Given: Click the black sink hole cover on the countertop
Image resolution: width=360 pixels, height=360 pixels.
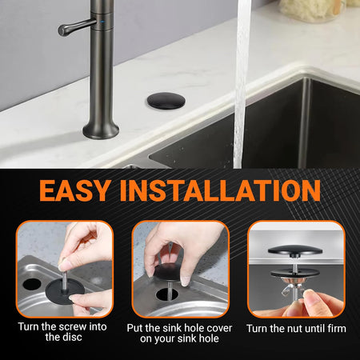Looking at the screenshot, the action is (x=166, y=101).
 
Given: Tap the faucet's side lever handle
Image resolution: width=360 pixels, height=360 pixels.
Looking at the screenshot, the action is (x=76, y=26).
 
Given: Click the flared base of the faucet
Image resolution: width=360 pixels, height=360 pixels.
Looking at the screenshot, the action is (x=101, y=130).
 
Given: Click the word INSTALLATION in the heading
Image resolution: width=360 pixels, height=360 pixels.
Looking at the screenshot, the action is (x=220, y=190).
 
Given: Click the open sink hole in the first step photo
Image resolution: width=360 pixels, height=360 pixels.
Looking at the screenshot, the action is (x=32, y=284).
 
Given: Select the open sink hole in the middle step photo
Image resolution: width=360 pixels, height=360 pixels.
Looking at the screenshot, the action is (x=167, y=294).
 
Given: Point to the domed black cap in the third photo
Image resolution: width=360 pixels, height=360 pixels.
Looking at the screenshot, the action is (x=295, y=250).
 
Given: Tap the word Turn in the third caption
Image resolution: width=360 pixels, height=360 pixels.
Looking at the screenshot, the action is (x=257, y=329).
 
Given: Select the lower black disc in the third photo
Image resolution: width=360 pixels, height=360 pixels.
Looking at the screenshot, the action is (x=295, y=273).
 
